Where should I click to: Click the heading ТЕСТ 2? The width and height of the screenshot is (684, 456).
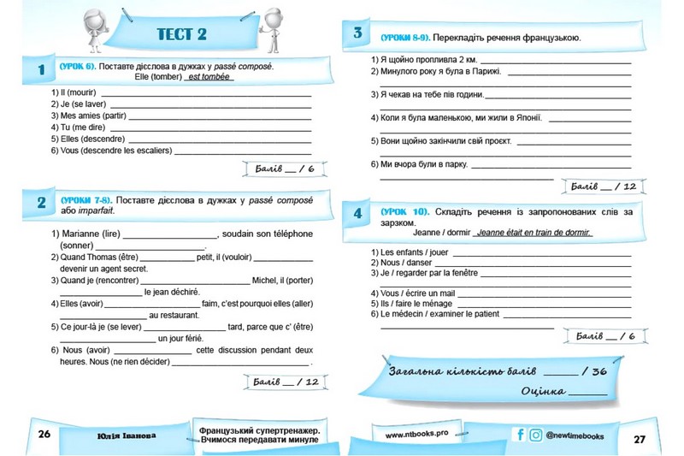(x=182, y=34)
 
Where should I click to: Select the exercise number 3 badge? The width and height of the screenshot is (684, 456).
(x=357, y=35)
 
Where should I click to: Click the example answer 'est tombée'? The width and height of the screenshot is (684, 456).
(x=209, y=76)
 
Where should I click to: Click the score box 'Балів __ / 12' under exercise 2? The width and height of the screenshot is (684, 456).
(x=283, y=382)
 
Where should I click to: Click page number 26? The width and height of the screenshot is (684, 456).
(x=44, y=435)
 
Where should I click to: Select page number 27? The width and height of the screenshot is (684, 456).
(x=640, y=438)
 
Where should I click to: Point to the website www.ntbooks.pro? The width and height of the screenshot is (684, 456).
(x=417, y=434)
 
